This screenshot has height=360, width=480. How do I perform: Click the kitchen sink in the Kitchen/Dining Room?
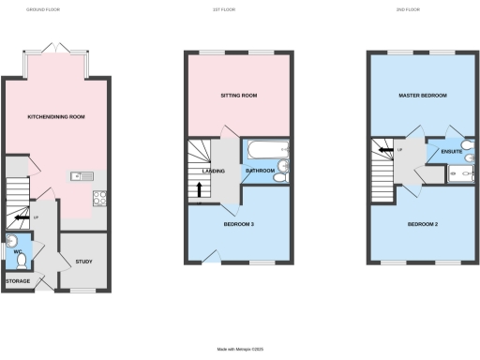[x=78, y=175]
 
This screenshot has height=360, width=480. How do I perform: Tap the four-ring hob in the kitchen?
[x=99, y=197]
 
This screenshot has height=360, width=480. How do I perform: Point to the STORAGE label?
[x=18, y=280]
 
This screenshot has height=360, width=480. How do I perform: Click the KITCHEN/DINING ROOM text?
[x=55, y=118]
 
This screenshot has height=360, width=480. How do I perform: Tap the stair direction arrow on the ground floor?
[x=21, y=220]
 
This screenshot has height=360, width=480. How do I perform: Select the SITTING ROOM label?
[x=239, y=96]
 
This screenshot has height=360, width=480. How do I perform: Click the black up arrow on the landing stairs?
[x=198, y=191]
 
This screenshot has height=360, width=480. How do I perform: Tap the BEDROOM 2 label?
[x=422, y=225]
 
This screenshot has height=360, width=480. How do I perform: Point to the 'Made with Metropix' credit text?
[x=239, y=349]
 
